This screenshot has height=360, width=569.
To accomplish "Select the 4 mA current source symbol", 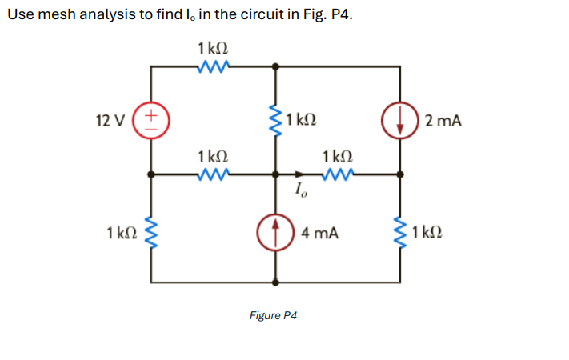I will click(276, 233).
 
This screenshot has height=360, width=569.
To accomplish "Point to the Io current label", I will click(299, 190).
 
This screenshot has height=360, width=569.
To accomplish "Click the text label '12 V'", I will click(110, 122).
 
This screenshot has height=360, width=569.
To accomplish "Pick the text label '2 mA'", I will click(444, 122).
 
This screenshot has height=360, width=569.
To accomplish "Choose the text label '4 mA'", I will click(321, 234).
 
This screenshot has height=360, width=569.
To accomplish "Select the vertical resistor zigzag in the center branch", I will click(276, 121).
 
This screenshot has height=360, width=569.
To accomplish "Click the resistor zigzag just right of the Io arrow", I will click(337, 172).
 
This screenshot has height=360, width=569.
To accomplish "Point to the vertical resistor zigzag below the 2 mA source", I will click(399, 234).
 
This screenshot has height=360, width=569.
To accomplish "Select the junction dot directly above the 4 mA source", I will click(276, 172).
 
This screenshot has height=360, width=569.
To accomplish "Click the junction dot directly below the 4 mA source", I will click(276, 282).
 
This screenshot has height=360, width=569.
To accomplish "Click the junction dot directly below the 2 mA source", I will click(399, 172).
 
